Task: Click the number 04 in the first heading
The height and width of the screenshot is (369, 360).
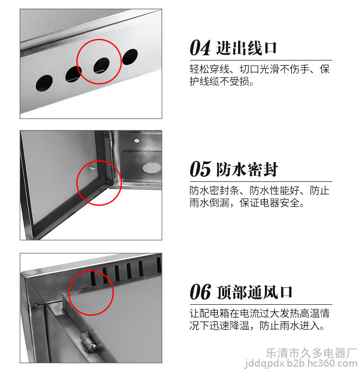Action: coord(200,48)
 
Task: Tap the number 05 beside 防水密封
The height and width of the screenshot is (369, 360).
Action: coord(200,169)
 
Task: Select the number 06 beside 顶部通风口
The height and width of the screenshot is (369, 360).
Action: coord(200,292)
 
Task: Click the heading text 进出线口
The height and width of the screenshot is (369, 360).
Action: coord(246,48)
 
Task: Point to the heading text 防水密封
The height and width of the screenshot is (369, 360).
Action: coord(247,169)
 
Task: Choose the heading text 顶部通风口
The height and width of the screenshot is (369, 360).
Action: coord(254,292)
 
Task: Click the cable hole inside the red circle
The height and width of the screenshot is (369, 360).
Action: coord(101,65)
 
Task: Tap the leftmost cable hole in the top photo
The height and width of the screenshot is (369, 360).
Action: coord(44,83)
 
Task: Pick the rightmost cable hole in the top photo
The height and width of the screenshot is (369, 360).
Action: coord(130,57)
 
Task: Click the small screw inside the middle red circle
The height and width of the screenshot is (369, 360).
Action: coord(92,168)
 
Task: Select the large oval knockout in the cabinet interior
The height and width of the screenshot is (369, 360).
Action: coord(152,167)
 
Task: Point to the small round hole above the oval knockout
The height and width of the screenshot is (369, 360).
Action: coord(137,141)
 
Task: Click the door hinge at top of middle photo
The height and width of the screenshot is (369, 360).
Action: coord(111,140)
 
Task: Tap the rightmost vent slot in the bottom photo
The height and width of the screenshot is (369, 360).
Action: coord(159,264)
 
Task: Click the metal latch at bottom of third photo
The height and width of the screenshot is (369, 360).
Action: coord(88,341)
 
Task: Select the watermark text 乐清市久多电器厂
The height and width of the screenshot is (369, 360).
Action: coord(312,353)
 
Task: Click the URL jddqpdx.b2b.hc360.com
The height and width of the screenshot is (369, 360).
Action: coord(301,364)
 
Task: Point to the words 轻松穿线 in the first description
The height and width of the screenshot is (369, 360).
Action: coord(209,69)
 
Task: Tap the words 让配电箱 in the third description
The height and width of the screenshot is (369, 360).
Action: coord(209,313)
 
